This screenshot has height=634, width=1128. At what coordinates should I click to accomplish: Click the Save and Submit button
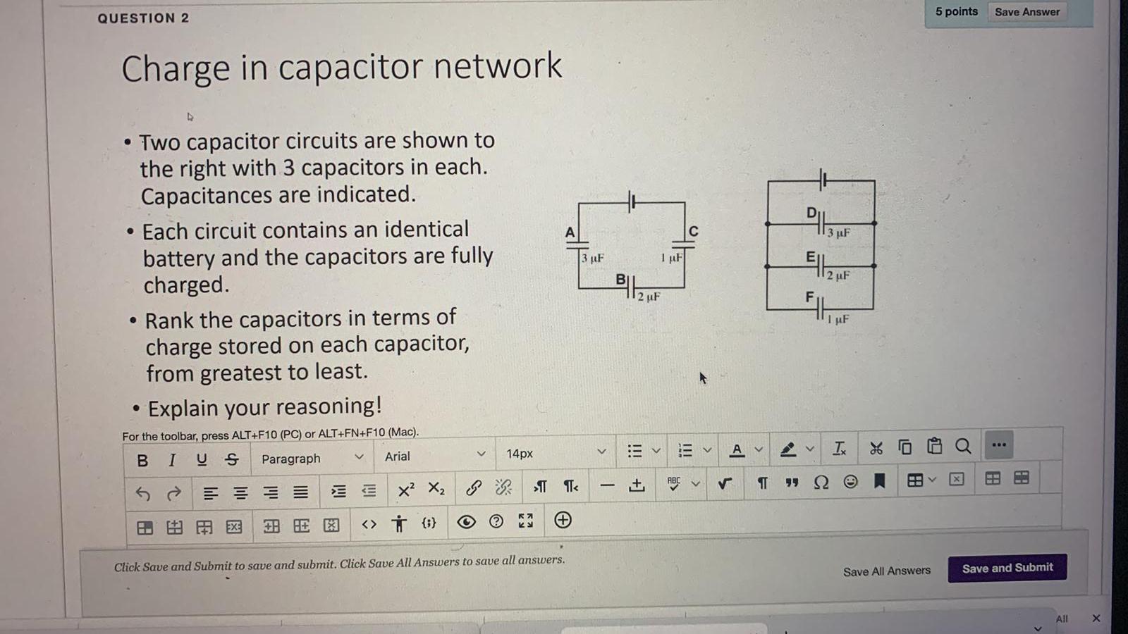click(x=1007, y=568)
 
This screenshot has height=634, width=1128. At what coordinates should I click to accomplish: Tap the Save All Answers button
click(x=886, y=571)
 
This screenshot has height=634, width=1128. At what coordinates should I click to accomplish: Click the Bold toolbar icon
click(x=142, y=460)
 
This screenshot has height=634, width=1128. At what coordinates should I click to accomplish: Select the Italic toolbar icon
click(x=172, y=460)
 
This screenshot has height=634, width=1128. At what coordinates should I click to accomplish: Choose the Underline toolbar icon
click(x=202, y=459)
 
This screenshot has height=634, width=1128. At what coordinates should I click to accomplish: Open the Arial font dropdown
click(x=434, y=456)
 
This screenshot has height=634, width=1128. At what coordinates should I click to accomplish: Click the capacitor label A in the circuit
click(x=570, y=232)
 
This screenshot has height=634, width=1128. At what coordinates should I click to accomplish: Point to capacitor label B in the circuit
click(x=620, y=279)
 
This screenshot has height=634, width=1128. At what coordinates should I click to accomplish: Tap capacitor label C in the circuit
click(x=693, y=231)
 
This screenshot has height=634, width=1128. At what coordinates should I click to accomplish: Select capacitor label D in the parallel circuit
click(x=811, y=213)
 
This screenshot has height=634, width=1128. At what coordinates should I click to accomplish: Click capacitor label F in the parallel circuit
click(x=810, y=297)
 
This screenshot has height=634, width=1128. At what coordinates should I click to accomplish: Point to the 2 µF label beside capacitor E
click(x=838, y=275)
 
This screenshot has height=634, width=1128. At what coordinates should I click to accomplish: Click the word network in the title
click(x=498, y=66)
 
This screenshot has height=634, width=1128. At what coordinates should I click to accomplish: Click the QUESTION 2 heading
click(x=143, y=18)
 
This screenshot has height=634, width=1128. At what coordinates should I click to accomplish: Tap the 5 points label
click(x=956, y=11)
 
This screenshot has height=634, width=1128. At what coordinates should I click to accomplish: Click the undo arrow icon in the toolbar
click(x=143, y=493)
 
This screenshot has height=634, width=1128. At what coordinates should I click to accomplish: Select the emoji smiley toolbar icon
click(x=851, y=482)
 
